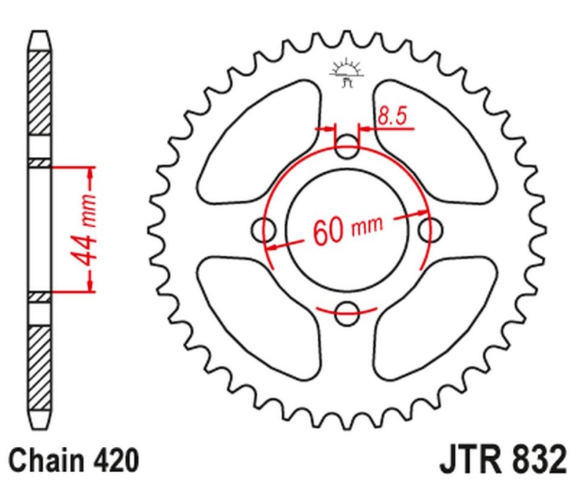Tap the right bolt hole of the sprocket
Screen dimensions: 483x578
[x=431, y=231]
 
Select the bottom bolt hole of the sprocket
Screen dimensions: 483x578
[x=348, y=313]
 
